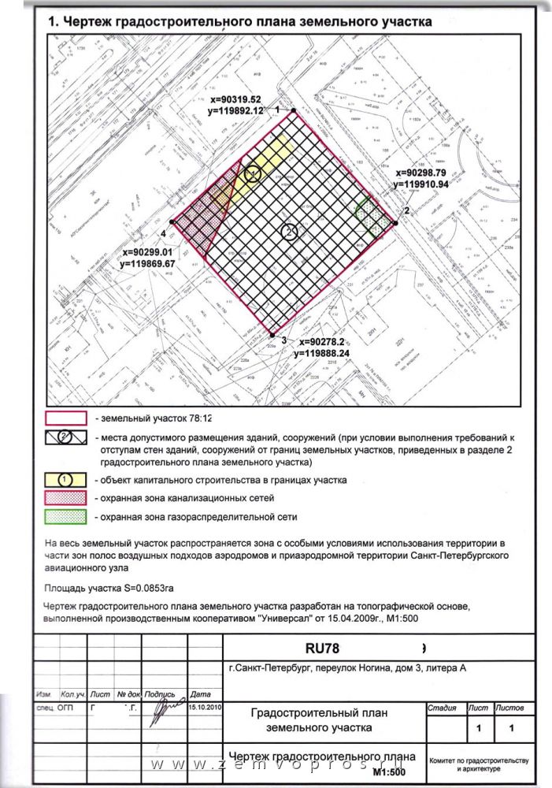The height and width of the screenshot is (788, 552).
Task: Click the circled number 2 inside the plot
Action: (289, 232)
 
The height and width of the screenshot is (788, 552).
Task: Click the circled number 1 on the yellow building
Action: (252, 173)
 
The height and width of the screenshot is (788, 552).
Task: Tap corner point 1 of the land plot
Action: (294, 110)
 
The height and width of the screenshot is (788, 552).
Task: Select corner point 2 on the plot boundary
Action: (395, 222)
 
